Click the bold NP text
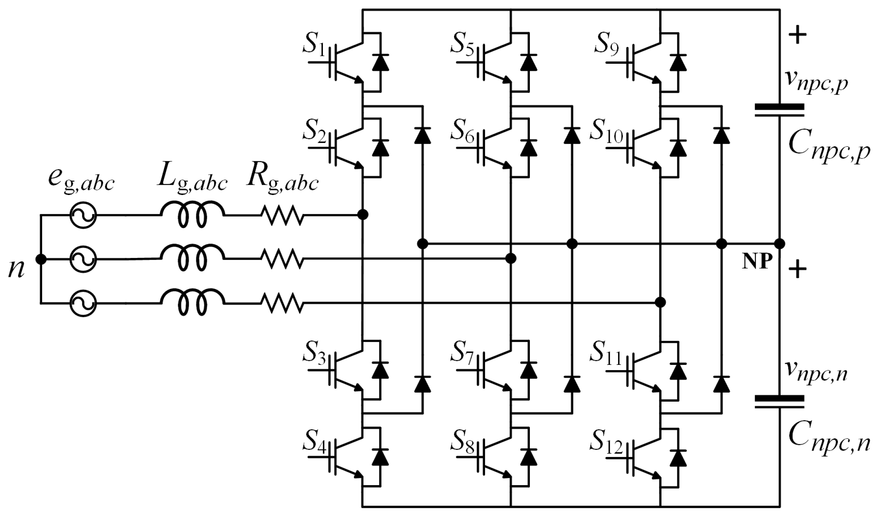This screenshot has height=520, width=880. pyautogui.click(x=756, y=262)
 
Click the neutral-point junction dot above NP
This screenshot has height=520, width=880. pyautogui.click(x=779, y=244)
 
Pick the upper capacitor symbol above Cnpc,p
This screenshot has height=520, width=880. pyautogui.click(x=779, y=110)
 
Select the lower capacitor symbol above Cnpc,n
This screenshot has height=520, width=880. pyautogui.click(x=779, y=402)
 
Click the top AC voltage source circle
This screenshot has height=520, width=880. pyautogui.click(x=83, y=215)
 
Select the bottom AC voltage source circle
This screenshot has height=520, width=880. pyautogui.click(x=83, y=303)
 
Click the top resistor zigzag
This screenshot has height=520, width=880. pyautogui.click(x=282, y=215)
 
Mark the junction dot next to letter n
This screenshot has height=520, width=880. pyautogui.click(x=41, y=259)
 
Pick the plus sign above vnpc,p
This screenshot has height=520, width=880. pyautogui.click(x=798, y=36)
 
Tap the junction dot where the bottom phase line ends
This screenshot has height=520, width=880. pyautogui.click(x=660, y=302)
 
